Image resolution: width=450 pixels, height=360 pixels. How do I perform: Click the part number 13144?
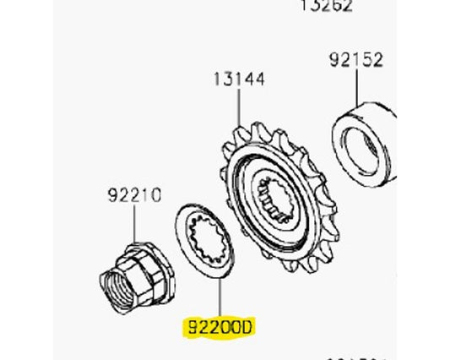[x=238, y=80]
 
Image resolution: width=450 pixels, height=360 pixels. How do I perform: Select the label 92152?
[x=355, y=60]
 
